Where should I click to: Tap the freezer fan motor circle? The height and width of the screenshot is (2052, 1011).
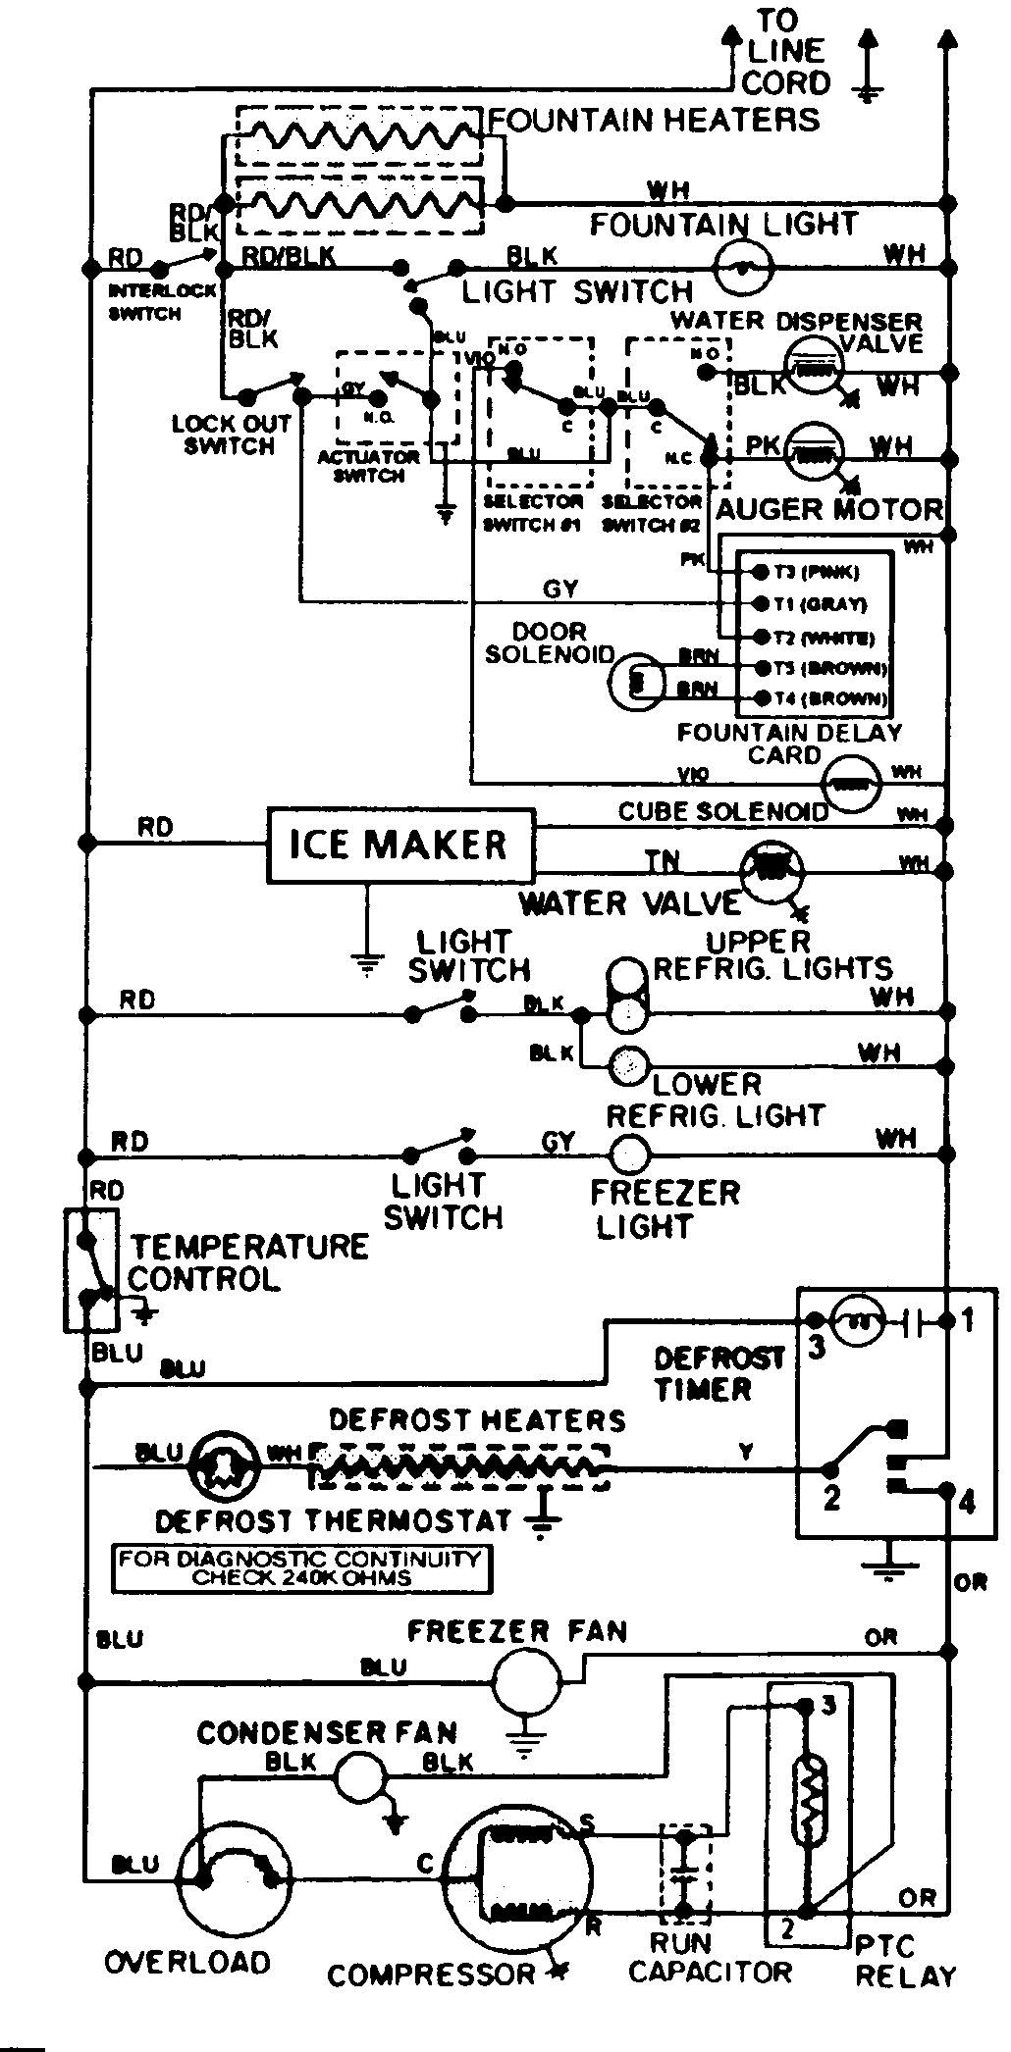[523, 1684]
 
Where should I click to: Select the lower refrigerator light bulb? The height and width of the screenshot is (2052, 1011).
[628, 1065]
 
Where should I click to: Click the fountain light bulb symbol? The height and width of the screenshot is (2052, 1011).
[742, 267]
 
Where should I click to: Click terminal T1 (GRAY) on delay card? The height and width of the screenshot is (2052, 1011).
[759, 604]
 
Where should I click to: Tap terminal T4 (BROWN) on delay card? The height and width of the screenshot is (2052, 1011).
[759, 699]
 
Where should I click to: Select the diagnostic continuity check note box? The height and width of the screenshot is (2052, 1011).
[301, 1568]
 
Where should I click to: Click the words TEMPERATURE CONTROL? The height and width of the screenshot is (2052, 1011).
[248, 1263]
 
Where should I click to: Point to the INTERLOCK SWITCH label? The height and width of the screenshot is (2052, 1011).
[144, 302]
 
